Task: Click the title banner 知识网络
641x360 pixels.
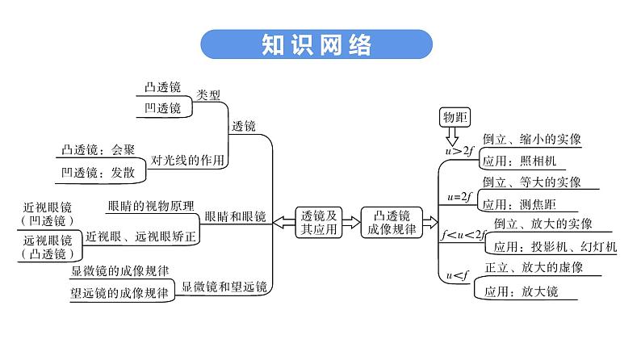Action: [x=316, y=45]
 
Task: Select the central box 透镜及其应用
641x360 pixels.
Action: [x=317, y=222]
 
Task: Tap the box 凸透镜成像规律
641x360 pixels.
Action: [x=390, y=222]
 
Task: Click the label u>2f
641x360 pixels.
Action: [x=459, y=149]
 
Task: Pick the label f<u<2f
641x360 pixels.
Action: [x=463, y=234]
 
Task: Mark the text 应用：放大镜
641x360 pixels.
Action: [x=521, y=291]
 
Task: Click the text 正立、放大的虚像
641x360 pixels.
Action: [x=534, y=267]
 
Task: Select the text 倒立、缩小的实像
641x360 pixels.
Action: [x=531, y=139]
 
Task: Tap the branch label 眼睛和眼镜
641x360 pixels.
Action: [x=235, y=216]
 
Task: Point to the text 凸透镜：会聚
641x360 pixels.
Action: [x=98, y=149]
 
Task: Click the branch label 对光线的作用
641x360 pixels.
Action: [x=188, y=159]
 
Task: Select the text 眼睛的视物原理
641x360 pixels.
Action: [x=149, y=205]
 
